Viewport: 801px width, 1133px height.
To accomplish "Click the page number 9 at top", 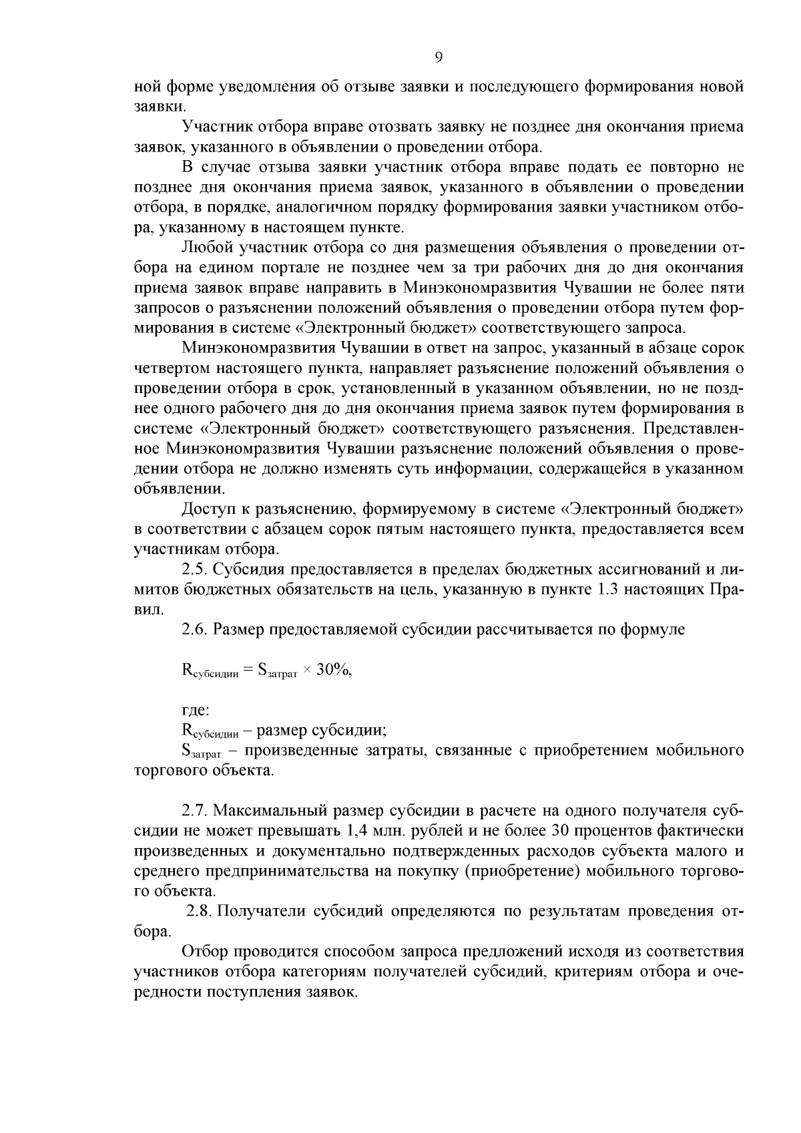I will [x=439, y=57].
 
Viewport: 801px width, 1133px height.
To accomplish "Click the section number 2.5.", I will [x=194, y=570].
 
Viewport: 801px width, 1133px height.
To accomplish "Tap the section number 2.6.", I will [x=194, y=630].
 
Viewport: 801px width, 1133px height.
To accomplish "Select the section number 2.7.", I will [x=194, y=811].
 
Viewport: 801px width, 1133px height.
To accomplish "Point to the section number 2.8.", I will [x=200, y=911].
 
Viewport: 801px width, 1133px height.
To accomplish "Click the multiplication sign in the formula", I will [x=306, y=672].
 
